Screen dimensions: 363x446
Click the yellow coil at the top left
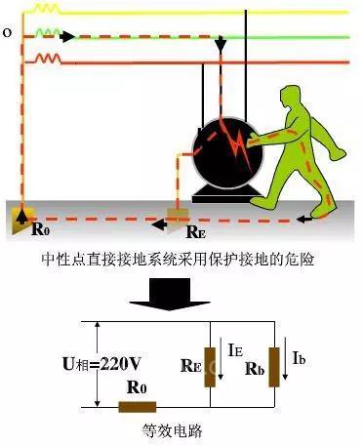[48, 9]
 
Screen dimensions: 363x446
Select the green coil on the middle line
[48, 32]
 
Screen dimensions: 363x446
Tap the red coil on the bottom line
[48, 59]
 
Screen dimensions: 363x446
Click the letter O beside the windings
[7, 32]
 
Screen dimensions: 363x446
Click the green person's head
[291, 96]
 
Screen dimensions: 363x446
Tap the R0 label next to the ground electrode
[41, 229]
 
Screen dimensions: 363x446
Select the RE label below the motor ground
[195, 231]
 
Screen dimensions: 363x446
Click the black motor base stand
[227, 194]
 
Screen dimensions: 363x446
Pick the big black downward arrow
[170, 294]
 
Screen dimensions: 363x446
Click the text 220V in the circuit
[120, 364]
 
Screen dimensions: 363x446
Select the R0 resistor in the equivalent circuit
[138, 407]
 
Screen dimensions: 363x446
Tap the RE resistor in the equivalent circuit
[210, 367]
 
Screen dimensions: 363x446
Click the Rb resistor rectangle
[274, 367]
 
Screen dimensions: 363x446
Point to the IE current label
[235, 350]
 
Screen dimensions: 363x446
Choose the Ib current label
[299, 357]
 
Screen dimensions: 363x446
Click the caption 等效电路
[173, 430]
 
